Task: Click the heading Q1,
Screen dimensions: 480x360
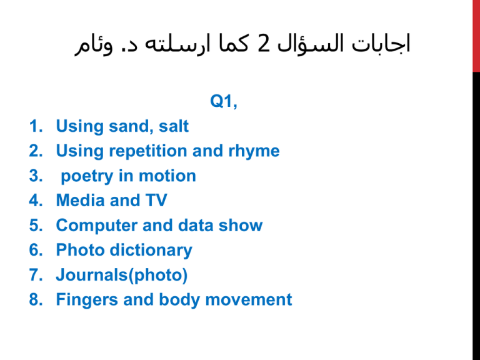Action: (224, 101)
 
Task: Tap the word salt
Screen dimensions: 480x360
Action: (174, 126)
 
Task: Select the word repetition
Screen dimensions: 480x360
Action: (148, 151)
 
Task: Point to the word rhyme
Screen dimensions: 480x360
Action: (254, 151)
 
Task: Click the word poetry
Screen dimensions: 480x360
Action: (87, 176)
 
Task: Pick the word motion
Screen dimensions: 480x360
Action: (167, 176)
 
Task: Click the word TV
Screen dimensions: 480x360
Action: (156, 200)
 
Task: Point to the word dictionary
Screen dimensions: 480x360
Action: (151, 251)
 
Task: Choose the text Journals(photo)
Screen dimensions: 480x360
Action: (122, 275)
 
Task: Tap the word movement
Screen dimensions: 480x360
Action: (249, 300)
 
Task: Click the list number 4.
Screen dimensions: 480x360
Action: (36, 201)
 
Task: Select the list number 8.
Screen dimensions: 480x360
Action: (36, 299)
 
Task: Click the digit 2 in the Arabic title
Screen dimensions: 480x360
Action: (264, 44)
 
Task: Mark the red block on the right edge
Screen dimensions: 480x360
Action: (476, 36)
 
